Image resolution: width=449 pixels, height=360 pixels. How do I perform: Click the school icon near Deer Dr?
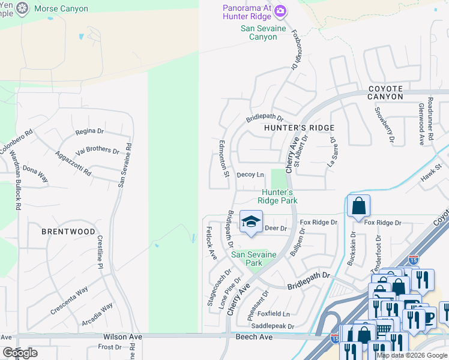[x=252, y=221]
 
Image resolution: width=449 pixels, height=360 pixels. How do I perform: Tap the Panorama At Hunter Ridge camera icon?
[x=282, y=10]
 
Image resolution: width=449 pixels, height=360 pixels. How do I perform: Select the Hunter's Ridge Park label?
[x=277, y=196]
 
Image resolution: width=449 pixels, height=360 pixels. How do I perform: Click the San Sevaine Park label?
[x=254, y=259]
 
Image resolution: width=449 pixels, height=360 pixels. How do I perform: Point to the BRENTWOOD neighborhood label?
[x=68, y=232]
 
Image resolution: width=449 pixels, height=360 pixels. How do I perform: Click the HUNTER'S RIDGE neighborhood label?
[x=299, y=128]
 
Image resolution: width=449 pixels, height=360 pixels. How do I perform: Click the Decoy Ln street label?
[x=250, y=175]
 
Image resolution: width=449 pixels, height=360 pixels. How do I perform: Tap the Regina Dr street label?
[x=89, y=131]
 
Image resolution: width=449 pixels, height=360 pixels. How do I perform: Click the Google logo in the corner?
[x=20, y=353]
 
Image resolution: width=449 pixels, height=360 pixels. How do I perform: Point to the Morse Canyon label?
[x=61, y=9]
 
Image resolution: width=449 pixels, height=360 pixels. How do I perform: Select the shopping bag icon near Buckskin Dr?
[x=358, y=206]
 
